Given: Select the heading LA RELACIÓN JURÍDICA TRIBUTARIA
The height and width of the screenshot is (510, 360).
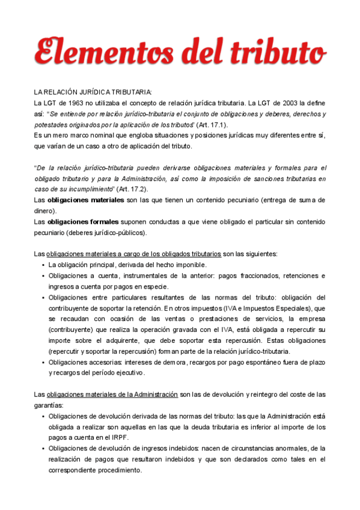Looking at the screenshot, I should pyautogui.click(x=93, y=91).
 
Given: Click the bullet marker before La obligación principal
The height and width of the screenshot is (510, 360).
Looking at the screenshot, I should pyautogui.click(x=44, y=265).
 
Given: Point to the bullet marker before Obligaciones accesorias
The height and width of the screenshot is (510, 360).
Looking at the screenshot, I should pyautogui.click(x=44, y=362).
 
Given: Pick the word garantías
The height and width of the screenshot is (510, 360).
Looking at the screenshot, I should pyautogui.click(x=49, y=405).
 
